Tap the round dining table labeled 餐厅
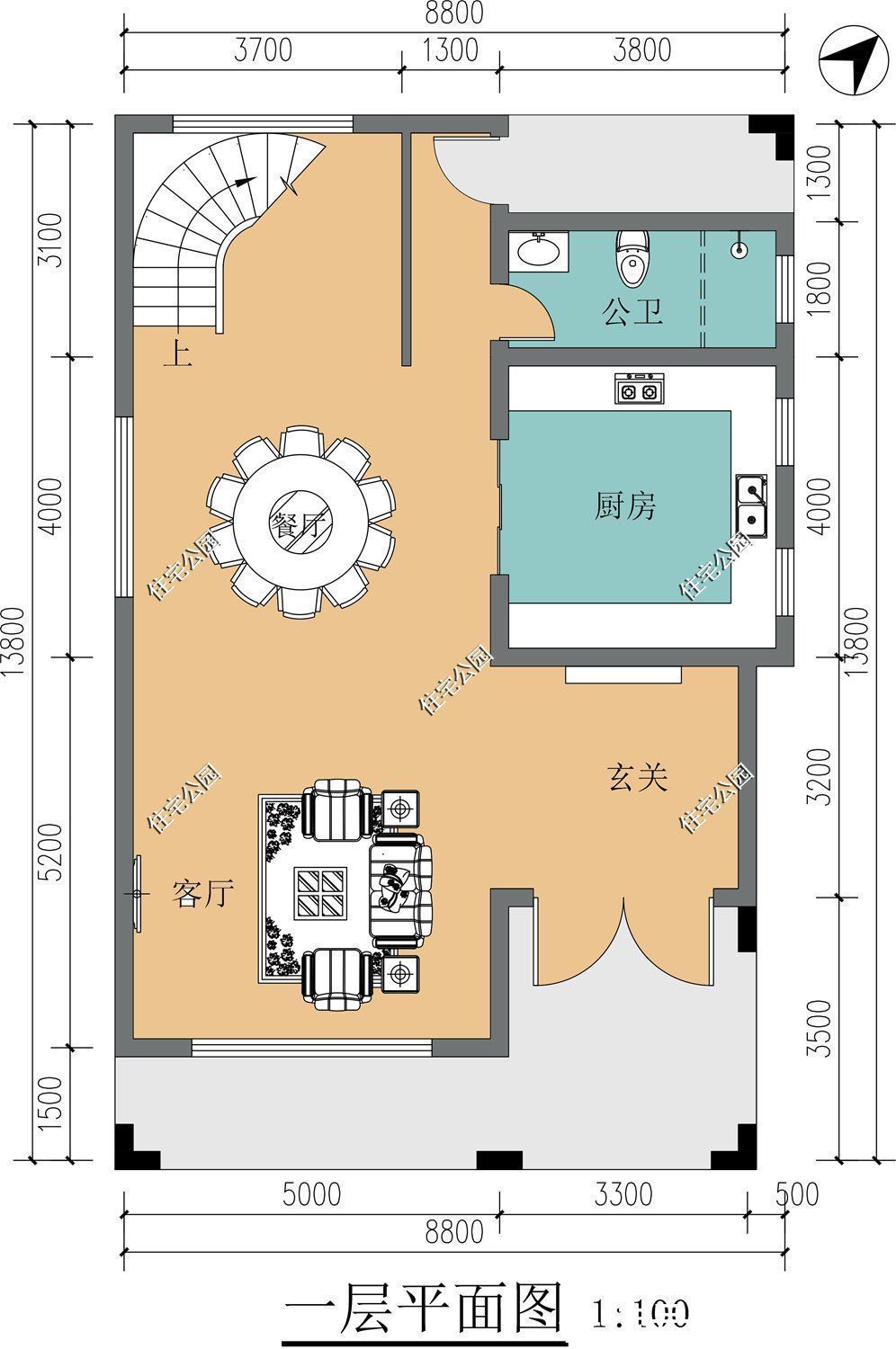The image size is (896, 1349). coord(300,522)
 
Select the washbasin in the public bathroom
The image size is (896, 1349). coord(539,250)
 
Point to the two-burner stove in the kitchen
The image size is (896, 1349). coord(638,389)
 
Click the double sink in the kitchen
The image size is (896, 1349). coord(751,504)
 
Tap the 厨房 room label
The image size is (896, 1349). coord(625,506)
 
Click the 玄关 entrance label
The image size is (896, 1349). coord(638,777)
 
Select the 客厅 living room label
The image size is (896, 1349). coord(203,894)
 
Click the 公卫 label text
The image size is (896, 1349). coord(632,313)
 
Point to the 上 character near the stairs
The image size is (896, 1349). coord(177,353)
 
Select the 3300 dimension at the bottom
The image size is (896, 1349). coord(623,1194)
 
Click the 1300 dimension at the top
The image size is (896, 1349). coord(450,49)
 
